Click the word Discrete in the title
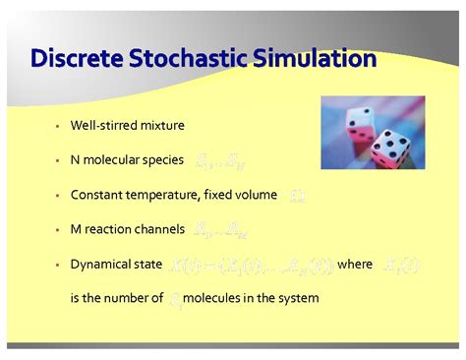pyautogui.click(x=75, y=59)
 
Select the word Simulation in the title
pyautogui.click(x=314, y=59)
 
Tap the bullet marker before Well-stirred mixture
pyautogui.click(x=58, y=127)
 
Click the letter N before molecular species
pyautogui.click(x=75, y=160)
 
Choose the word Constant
pyautogui.click(x=97, y=195)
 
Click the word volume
pyautogui.click(x=256, y=195)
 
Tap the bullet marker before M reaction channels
pyautogui.click(x=58, y=230)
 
